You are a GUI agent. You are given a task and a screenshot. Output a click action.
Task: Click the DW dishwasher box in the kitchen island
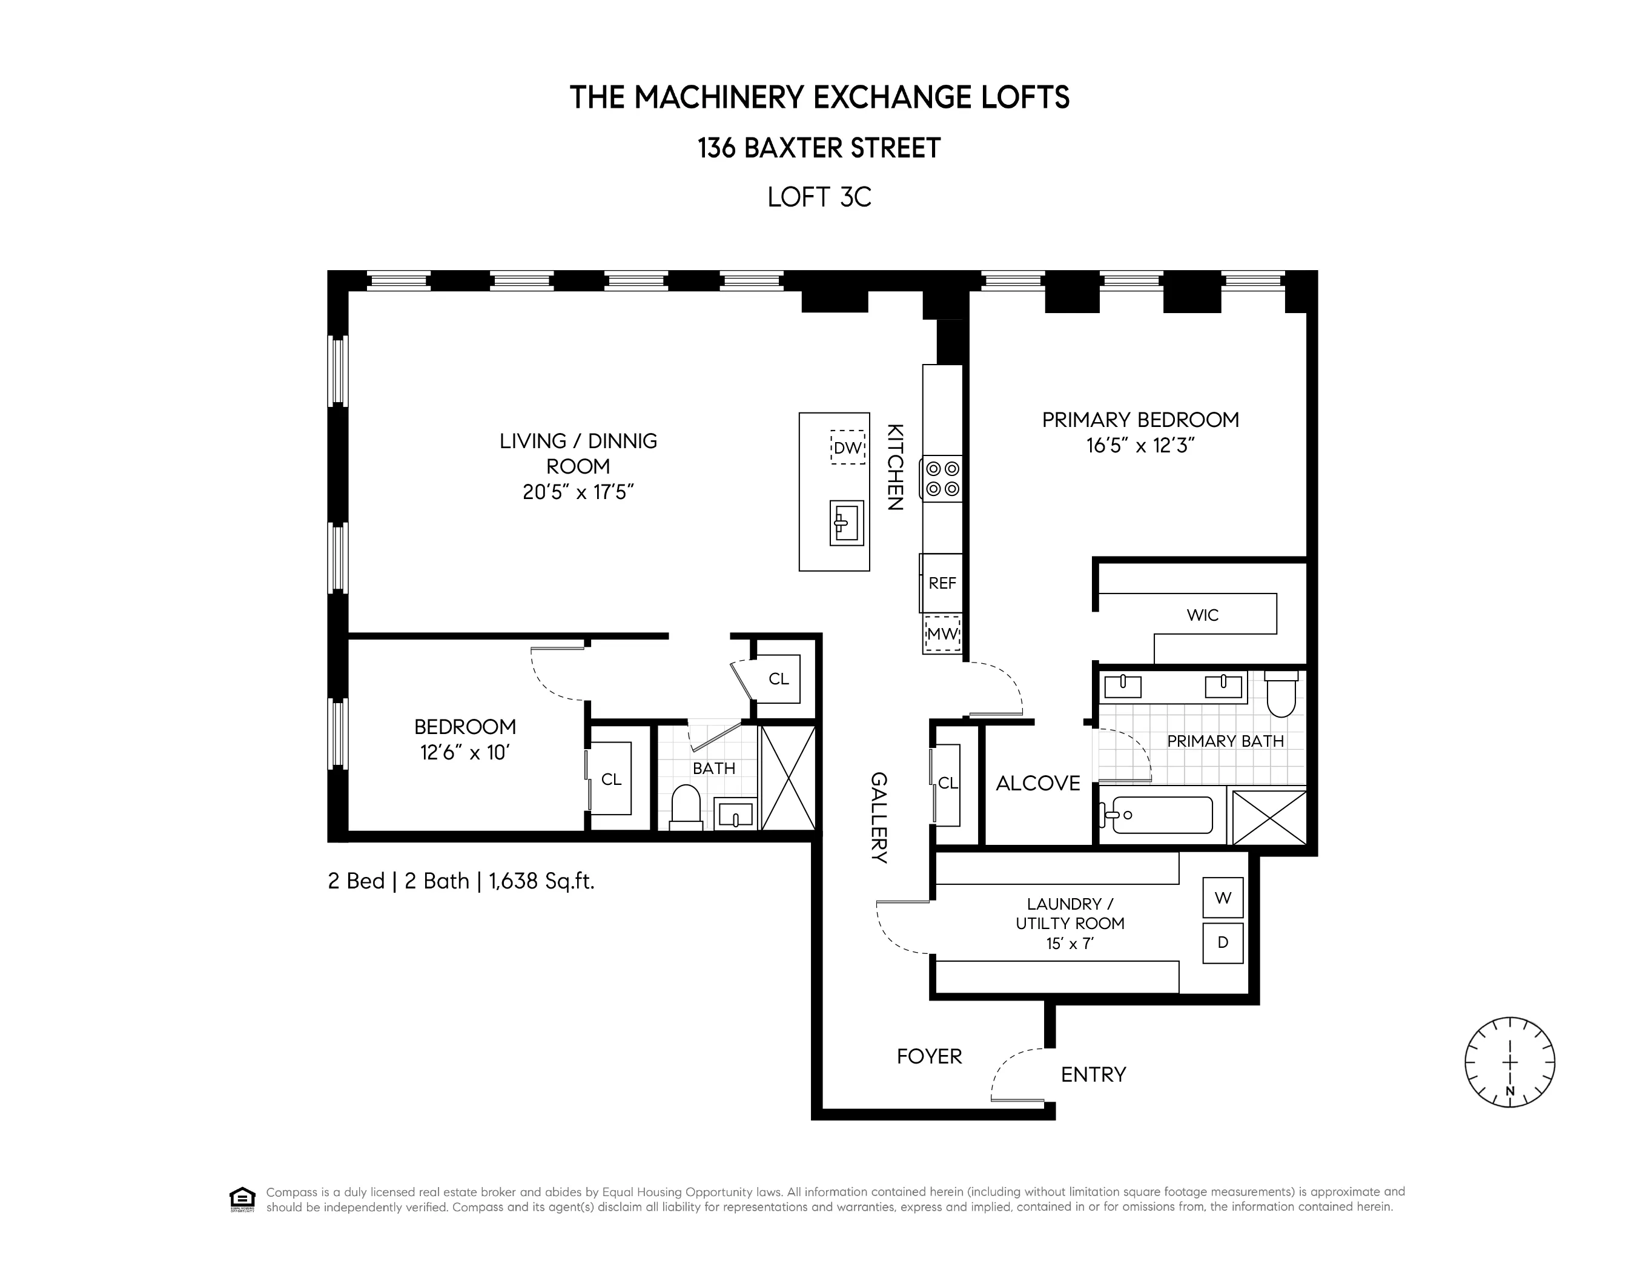coord(848,448)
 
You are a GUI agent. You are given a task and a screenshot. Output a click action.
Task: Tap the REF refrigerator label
coord(942,583)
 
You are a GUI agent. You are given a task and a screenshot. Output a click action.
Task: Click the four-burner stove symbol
coord(942,478)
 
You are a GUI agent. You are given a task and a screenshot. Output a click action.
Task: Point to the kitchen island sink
coord(846,523)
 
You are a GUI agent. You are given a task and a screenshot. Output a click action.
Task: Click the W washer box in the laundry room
coord(1223,898)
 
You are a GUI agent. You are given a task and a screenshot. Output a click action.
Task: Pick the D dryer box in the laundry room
coord(1223,942)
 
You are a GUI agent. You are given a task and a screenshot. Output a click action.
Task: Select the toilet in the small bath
coord(685,808)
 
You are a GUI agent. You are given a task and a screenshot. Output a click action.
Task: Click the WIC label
coord(1202,615)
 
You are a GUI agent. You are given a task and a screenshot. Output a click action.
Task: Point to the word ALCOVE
coord(1038,783)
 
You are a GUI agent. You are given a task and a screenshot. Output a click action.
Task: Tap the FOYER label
coord(929,1056)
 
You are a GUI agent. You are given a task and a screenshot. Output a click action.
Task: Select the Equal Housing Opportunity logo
coord(242,1199)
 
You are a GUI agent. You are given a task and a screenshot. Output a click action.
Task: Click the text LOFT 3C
coord(819,197)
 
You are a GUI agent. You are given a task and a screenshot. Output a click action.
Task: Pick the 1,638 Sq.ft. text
coord(541,881)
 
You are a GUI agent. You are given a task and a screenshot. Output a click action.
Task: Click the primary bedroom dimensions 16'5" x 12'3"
coord(1140,445)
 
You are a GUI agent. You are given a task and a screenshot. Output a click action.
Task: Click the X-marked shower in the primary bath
coord(1269,817)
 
